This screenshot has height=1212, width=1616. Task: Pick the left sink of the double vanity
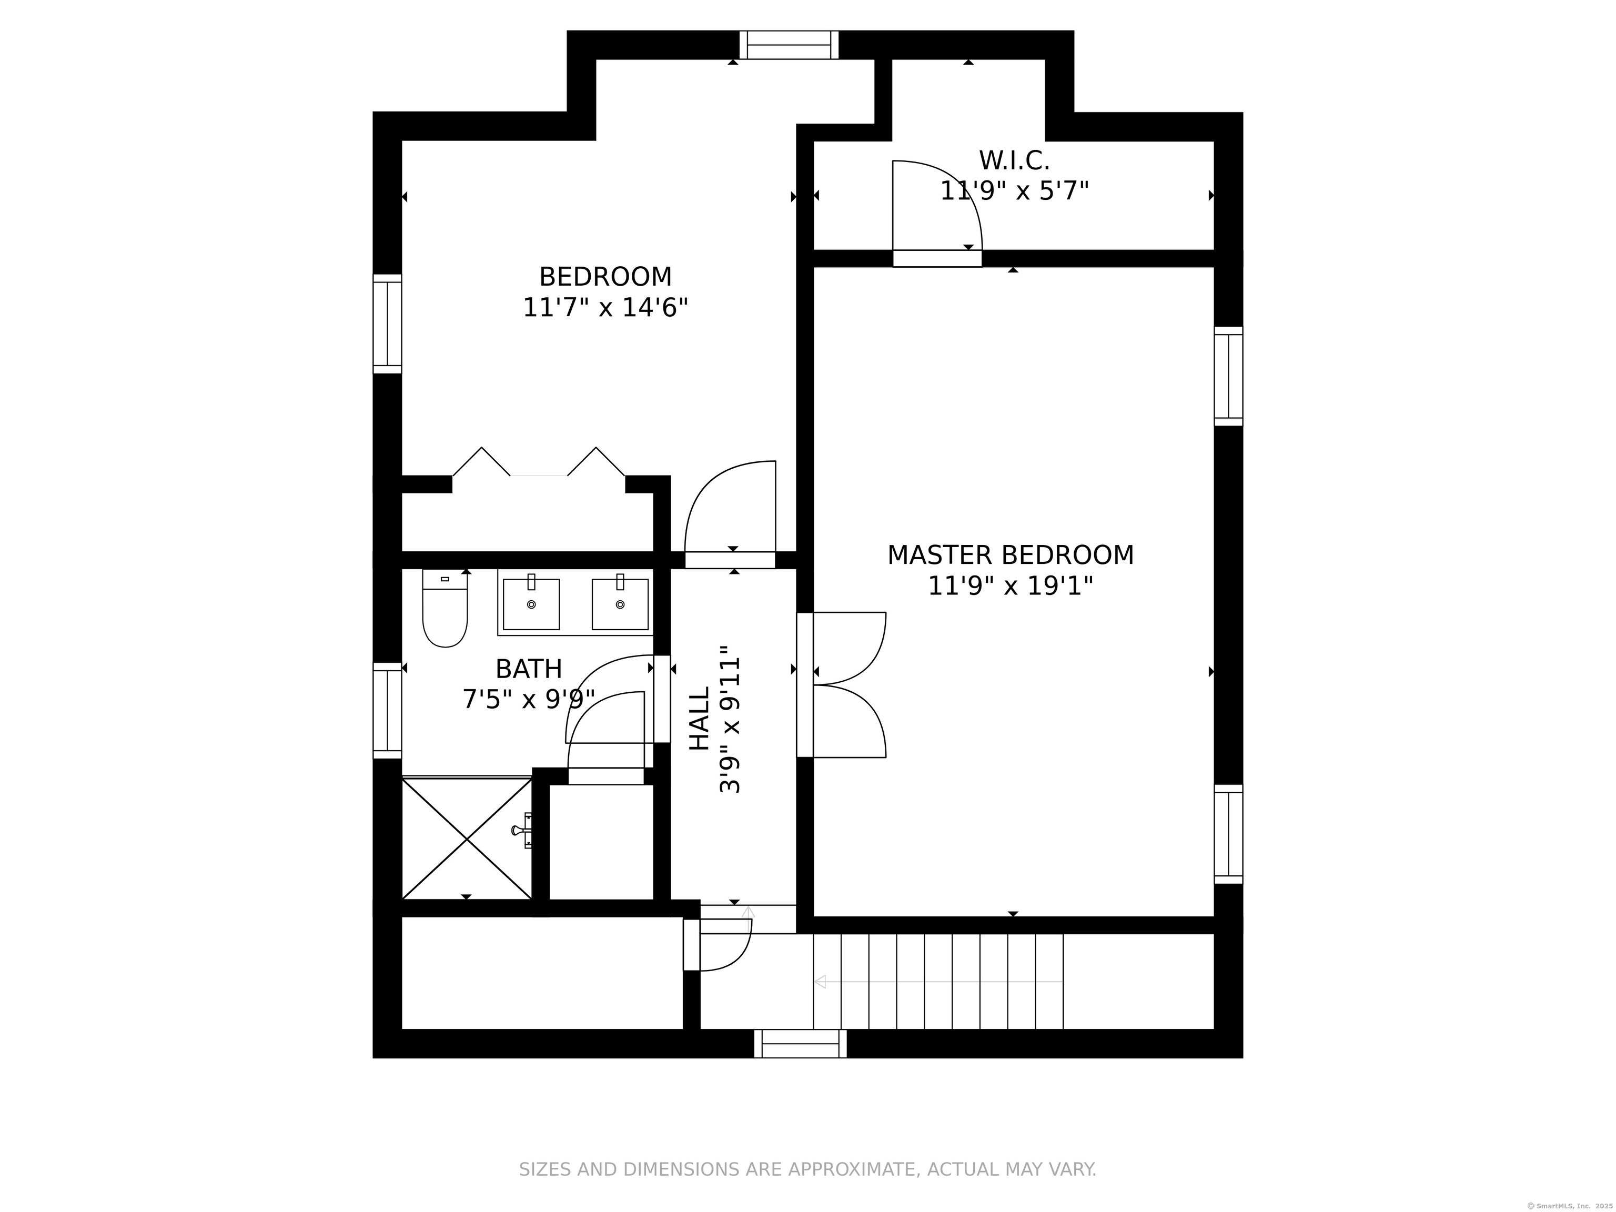pos(531,604)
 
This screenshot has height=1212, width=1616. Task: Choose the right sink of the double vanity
pos(620,604)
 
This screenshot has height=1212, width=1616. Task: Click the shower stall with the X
pos(466,839)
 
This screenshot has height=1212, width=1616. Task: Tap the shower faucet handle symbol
pos(523,831)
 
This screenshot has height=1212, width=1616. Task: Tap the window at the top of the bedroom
pos(789,45)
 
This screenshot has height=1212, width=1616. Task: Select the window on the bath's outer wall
pos(387,710)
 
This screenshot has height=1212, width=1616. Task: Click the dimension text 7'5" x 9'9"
pos(528,700)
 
